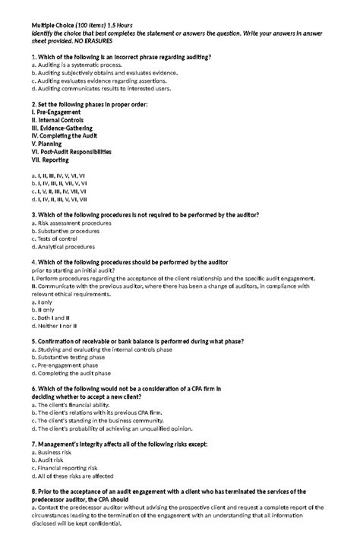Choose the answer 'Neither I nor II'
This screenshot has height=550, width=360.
tap(59, 326)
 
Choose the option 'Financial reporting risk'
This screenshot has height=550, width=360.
tap(68, 468)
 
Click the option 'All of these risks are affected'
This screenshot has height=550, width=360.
tap(77, 476)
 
